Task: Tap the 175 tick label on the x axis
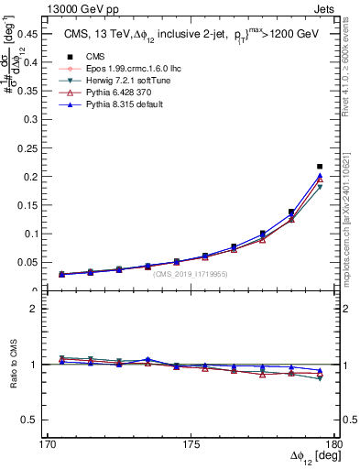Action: (191, 444)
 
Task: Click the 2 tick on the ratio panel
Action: (32, 309)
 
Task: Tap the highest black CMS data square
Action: (319, 167)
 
